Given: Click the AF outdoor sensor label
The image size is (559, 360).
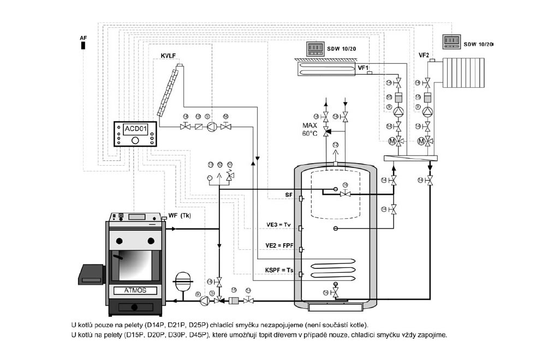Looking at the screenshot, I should (83, 37).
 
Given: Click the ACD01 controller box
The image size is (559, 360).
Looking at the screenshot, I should (136, 134).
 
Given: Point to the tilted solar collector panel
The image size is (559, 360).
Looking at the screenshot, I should (169, 91).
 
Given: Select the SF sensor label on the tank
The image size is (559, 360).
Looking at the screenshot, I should (289, 194).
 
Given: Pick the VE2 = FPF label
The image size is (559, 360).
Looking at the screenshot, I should (279, 246).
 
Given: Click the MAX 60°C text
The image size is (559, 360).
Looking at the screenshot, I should (310, 129).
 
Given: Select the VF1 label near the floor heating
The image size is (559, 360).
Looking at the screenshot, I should (363, 68).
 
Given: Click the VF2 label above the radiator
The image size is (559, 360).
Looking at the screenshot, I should (424, 55).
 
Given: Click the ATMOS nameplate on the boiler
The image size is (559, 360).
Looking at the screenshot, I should (135, 291).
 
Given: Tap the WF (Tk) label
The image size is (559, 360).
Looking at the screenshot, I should (179, 216).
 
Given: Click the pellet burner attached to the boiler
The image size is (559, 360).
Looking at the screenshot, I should (92, 272).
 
